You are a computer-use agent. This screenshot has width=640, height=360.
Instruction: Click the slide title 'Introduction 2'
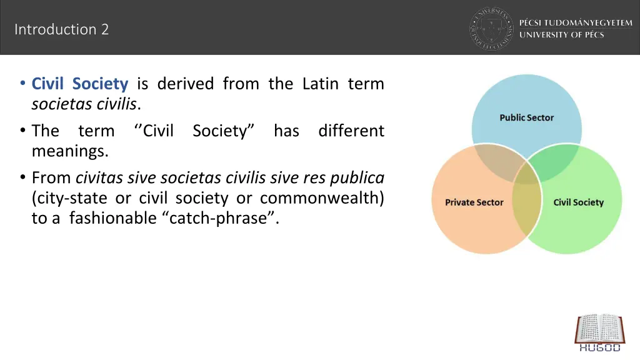coord(61,29)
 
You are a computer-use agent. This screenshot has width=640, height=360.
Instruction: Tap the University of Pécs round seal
coord(491,28)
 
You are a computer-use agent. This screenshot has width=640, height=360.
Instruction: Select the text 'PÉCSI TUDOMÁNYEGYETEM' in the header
coord(576,22)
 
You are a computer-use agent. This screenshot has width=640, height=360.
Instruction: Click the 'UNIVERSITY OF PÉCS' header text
coord(561,35)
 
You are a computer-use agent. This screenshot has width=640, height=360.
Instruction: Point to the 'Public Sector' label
coord(526,117)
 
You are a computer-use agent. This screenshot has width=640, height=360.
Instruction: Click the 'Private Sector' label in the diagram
coord(474,202)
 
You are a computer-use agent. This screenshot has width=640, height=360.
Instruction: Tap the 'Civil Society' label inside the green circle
coord(579,202)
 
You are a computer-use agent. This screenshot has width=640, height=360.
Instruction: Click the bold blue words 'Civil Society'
coord(80,84)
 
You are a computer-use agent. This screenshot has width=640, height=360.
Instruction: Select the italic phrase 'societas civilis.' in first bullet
coord(86,104)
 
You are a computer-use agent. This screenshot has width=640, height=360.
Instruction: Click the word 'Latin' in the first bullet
coord(320,84)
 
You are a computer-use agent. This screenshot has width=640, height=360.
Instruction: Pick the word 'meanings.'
coord(70,151)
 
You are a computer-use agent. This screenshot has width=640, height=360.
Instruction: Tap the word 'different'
coord(351,131)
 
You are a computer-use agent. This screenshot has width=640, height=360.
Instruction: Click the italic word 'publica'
coord(361,179)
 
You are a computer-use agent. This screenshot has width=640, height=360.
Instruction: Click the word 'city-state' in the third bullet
coord(71,199)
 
